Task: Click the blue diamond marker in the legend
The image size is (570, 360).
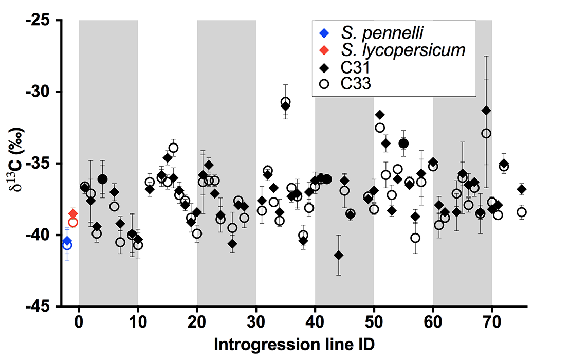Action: pos(324,34)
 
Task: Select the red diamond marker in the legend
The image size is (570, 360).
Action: pos(324,50)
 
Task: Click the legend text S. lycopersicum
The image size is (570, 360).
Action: pos(403,50)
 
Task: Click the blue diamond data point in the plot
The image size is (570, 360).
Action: pos(67,241)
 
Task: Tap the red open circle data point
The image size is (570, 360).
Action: pos(73,222)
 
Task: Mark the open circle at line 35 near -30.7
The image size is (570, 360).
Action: pos(285,101)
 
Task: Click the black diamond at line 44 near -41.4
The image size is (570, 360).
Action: pos(338,255)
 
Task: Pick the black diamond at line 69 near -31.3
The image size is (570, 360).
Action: pos(486,111)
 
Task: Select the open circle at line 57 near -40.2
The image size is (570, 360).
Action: pos(415,238)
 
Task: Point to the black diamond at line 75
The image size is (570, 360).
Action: pos(521,189)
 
